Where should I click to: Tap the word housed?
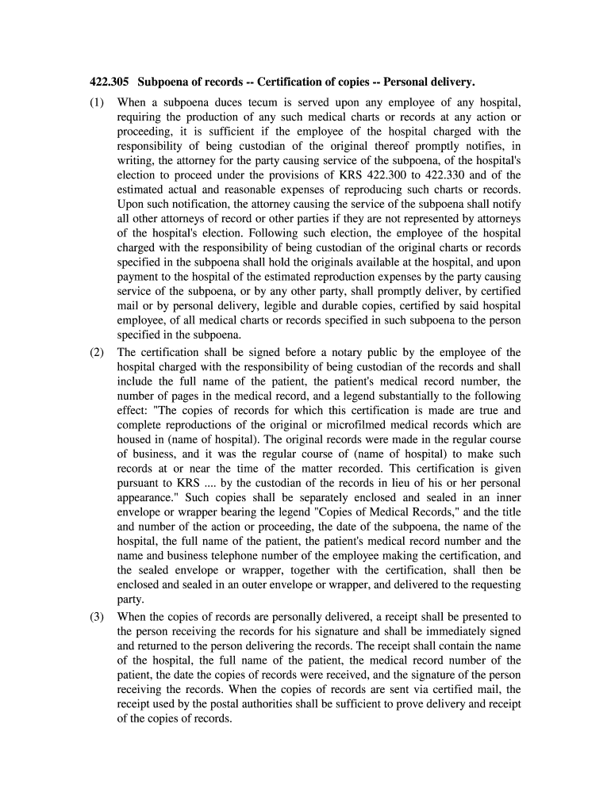click(x=134, y=439)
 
